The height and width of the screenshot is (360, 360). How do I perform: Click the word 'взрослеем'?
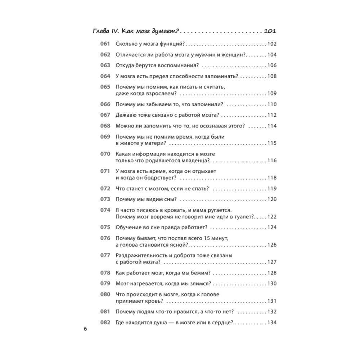(160, 94)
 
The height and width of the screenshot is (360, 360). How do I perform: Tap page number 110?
(272, 104)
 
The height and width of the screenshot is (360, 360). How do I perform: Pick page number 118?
(272, 178)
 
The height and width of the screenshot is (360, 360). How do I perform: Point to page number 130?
(272, 283)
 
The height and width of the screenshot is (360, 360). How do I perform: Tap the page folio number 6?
(85, 329)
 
